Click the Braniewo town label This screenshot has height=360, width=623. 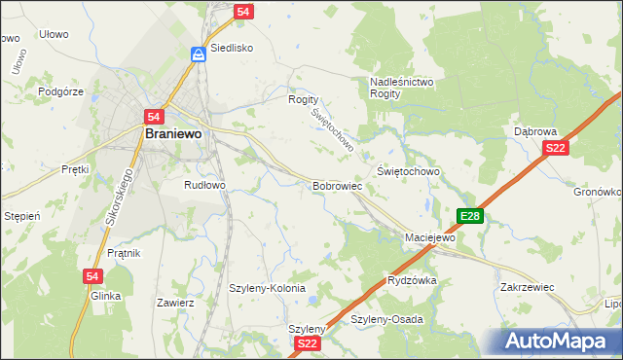point(172,136)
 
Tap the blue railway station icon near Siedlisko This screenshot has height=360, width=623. point(198,54)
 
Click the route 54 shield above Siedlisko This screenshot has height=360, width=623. point(244,13)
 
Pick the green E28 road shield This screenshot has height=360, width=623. point(469,216)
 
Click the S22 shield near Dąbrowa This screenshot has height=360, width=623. point(555,148)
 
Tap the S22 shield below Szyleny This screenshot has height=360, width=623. point(308,343)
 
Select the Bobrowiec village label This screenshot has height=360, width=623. point(337,185)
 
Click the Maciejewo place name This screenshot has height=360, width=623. point(430,237)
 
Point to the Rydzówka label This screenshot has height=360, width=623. point(412,280)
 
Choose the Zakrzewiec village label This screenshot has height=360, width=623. point(527,288)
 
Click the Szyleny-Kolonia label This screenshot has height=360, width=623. point(267,289)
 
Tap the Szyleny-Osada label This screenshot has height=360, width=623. point(386,319)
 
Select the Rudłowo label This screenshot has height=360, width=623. point(204,184)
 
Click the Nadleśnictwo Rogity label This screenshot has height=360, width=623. point(402,89)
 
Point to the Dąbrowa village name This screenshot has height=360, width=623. point(534,130)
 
